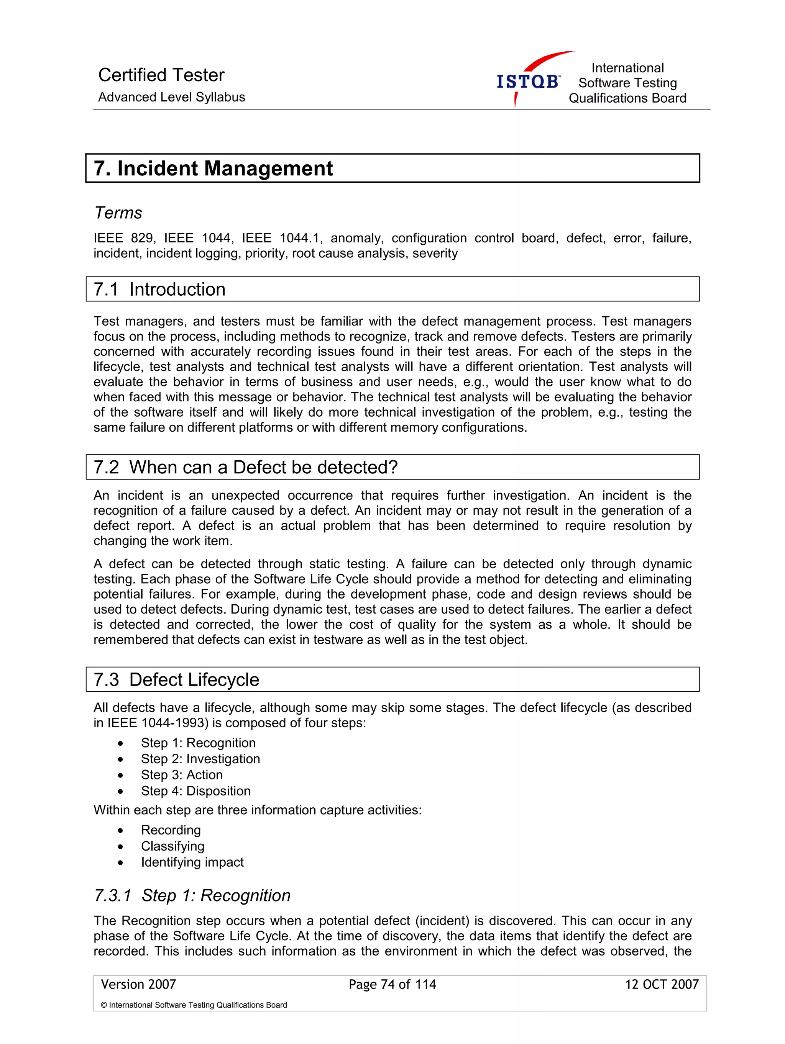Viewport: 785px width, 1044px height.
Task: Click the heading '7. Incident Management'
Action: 213,169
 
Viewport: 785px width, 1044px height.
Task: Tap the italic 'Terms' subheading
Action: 118,213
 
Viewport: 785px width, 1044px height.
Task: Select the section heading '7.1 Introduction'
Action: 160,289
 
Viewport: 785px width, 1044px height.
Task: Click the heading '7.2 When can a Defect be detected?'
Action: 246,467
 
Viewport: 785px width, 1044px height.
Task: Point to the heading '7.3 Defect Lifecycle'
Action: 177,680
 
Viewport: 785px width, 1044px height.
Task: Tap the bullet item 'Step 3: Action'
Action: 182,775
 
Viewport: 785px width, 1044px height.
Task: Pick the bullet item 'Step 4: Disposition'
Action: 195,791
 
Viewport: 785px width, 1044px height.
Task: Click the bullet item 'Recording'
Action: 171,830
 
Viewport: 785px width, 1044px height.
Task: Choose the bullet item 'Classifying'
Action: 172,846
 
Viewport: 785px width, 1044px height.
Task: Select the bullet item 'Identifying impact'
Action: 192,862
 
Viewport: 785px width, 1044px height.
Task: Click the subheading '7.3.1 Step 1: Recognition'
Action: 192,896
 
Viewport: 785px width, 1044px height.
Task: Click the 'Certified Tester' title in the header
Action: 161,75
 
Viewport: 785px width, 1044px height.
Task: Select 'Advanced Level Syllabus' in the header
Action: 171,97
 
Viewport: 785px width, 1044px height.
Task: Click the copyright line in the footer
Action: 194,1005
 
